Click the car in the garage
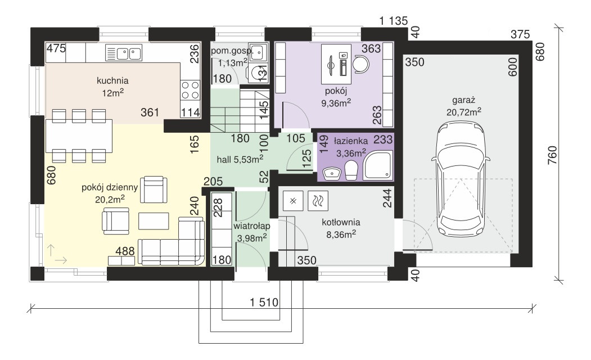(x=461, y=179)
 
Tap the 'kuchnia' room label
(x=112, y=80)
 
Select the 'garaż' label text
(x=463, y=100)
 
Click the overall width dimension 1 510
(x=264, y=302)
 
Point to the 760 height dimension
(x=552, y=155)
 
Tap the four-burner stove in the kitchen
(x=190, y=90)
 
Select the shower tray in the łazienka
(x=378, y=165)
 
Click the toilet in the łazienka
(x=351, y=170)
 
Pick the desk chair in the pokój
(x=362, y=64)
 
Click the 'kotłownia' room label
(x=341, y=222)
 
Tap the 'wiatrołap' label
(x=251, y=226)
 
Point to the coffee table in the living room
(x=154, y=221)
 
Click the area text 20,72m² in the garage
(x=463, y=112)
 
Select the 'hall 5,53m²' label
(x=240, y=159)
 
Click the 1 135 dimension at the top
(x=394, y=21)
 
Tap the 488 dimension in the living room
(x=125, y=251)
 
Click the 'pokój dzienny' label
(x=110, y=187)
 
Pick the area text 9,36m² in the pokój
(x=336, y=102)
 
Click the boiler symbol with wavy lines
(x=318, y=201)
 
